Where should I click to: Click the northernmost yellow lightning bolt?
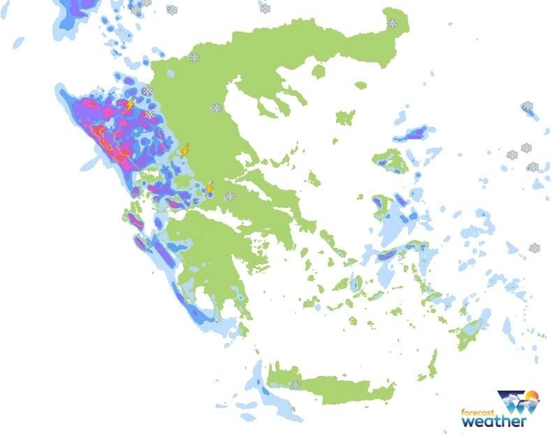click(130, 105)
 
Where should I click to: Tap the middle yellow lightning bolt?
click(184, 150)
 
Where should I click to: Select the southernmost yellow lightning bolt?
click(209, 188)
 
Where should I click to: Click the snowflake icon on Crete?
click(296, 385)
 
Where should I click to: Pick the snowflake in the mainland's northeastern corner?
click(392, 23)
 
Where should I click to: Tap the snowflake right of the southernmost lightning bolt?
click(229, 196)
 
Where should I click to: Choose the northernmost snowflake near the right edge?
click(528, 106)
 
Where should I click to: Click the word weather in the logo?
click(493, 421)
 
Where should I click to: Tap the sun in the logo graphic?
click(532, 397)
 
